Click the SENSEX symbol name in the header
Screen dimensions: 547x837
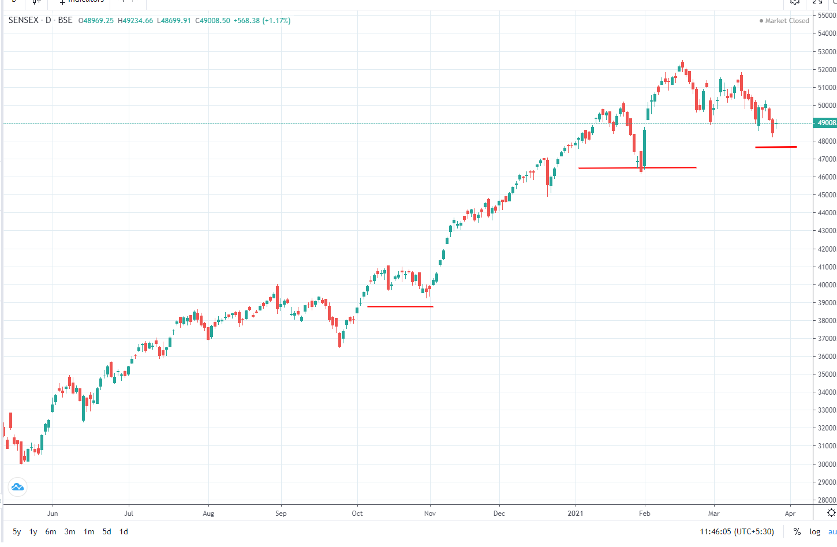pos(24,20)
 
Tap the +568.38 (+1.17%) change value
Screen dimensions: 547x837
pos(261,20)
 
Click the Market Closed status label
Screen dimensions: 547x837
pos(786,21)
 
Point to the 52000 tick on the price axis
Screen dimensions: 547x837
pos(827,70)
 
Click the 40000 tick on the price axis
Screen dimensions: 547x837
pos(827,285)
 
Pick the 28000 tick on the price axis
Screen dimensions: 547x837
pos(827,500)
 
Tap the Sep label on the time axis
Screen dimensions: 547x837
pos(281,514)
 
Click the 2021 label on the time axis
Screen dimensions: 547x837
pos(575,514)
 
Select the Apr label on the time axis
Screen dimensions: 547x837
pos(790,514)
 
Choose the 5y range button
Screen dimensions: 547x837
pos(17,532)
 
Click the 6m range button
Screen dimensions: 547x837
pos(51,532)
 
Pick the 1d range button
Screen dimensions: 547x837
pos(124,532)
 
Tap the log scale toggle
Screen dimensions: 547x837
pos(814,532)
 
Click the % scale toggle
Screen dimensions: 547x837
pos(797,532)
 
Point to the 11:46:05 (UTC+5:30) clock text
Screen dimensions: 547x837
pos(737,532)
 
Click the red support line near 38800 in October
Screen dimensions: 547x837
pos(400,306)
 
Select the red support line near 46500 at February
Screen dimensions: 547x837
pos(637,168)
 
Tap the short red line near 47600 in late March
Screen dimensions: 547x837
pos(776,147)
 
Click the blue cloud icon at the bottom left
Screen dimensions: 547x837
pos(17,487)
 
